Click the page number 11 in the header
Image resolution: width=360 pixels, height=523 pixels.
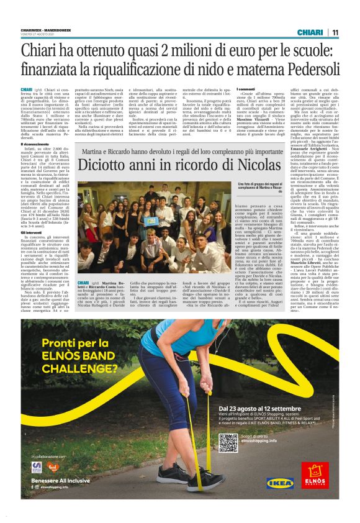335,32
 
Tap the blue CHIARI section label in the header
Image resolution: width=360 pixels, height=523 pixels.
310,32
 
